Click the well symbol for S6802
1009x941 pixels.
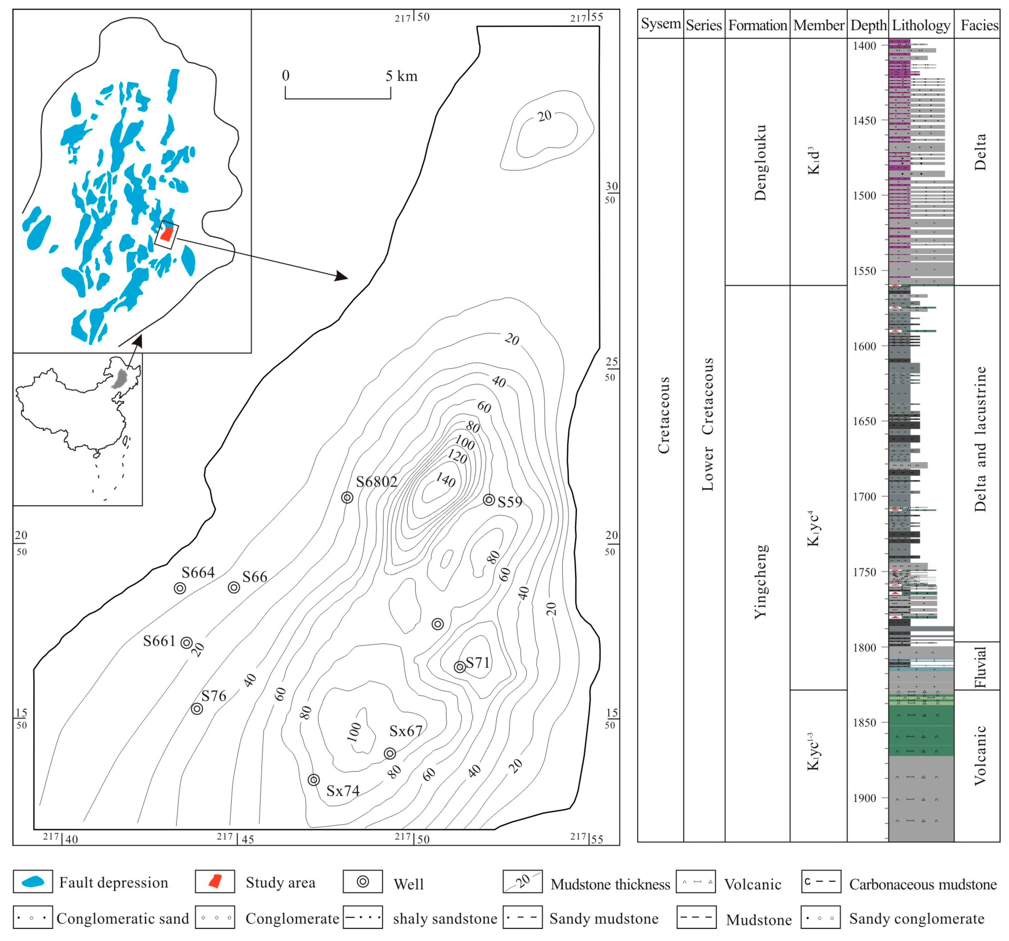coord(347,497)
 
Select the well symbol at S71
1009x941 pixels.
coord(460,667)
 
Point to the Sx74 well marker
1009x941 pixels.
coord(314,779)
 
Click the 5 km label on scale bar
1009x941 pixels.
coord(401,76)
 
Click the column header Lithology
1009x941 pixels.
coord(921,25)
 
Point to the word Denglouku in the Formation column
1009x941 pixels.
coord(760,162)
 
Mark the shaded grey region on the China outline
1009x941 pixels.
coord(121,379)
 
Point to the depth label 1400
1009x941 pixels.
coord(864,46)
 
